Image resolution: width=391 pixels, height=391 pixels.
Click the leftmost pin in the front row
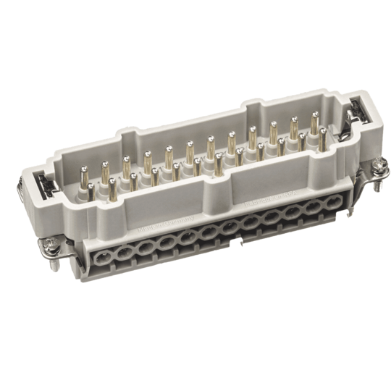89,190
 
